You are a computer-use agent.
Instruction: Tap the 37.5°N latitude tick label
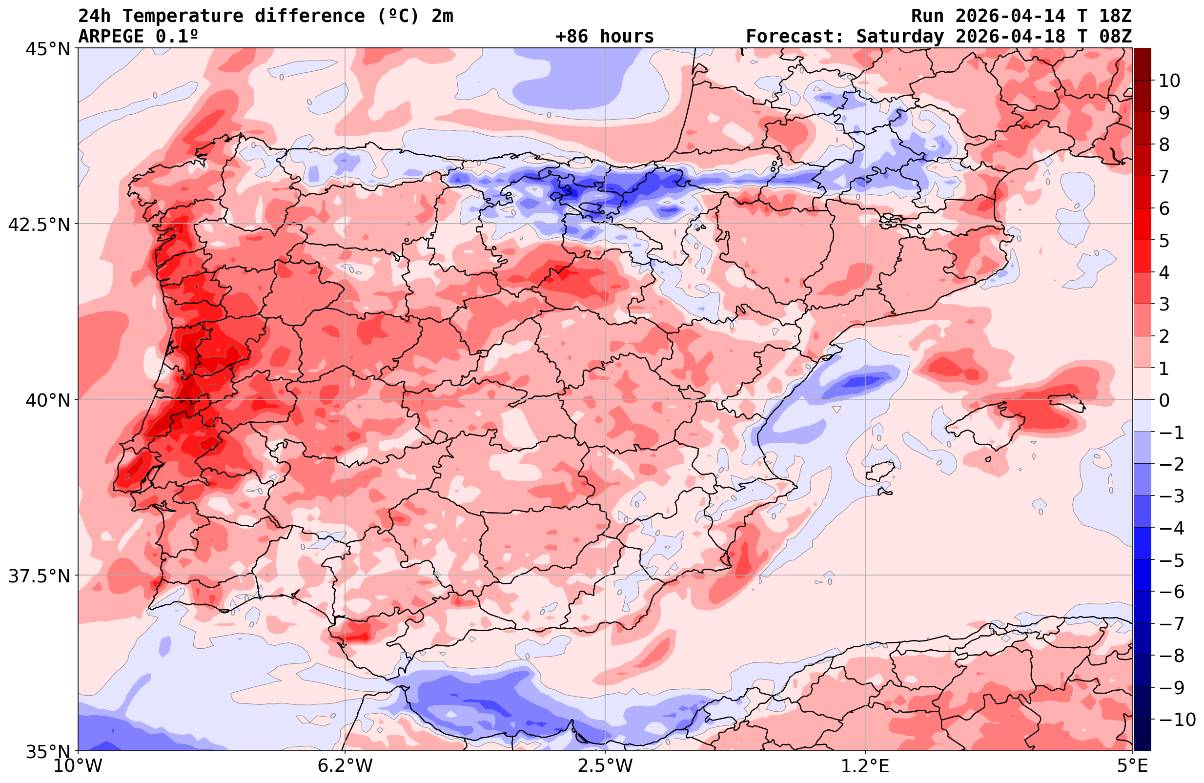pos(39,576)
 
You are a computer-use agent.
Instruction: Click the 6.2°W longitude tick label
pos(345,766)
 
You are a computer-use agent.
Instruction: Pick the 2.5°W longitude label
pos(605,766)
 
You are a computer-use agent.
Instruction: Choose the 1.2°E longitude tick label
pos(865,766)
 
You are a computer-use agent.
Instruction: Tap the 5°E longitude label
pos(1132,766)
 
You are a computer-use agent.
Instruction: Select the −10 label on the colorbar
pos(1177,719)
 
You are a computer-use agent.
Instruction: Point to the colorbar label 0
pos(1164,400)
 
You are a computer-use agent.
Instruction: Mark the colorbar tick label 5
pos(1164,241)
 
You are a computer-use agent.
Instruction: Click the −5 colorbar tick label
pos(1171,560)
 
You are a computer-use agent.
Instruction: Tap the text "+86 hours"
pos(604,37)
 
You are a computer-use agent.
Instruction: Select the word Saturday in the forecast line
pos(900,37)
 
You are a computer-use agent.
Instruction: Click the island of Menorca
pos(1067,402)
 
